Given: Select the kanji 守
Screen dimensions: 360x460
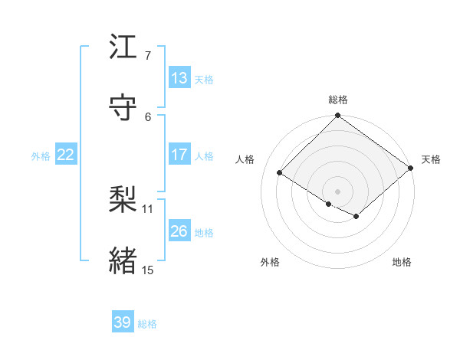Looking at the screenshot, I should click(x=123, y=107).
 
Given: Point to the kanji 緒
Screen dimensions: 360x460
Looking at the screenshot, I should click(x=123, y=260).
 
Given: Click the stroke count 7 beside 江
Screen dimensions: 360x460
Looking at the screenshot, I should click(x=147, y=55).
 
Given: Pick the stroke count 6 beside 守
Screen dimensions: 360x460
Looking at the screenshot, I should click(x=147, y=116).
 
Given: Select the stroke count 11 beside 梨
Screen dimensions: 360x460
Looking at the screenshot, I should click(x=148, y=208).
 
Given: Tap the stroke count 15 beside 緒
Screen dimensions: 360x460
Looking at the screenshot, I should click(x=148, y=270).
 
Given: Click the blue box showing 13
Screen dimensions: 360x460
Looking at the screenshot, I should click(x=179, y=78).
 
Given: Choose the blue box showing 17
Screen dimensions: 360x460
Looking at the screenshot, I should click(x=179, y=155).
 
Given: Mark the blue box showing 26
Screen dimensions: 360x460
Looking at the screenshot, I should click(x=179, y=231).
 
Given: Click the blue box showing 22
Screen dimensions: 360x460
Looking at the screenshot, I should click(x=66, y=155).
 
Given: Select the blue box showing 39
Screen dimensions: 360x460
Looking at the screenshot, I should click(x=123, y=322).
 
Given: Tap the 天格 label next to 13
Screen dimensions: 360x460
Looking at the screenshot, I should click(x=204, y=79).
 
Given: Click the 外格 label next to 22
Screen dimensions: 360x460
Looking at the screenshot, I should click(x=41, y=155).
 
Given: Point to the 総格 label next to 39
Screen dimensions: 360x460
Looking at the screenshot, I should click(x=147, y=324).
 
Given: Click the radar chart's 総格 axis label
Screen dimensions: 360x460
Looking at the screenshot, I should click(x=338, y=100).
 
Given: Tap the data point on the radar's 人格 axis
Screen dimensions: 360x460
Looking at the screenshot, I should click(x=280, y=173).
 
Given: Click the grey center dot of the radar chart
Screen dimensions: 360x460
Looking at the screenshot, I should click(x=338, y=191).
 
